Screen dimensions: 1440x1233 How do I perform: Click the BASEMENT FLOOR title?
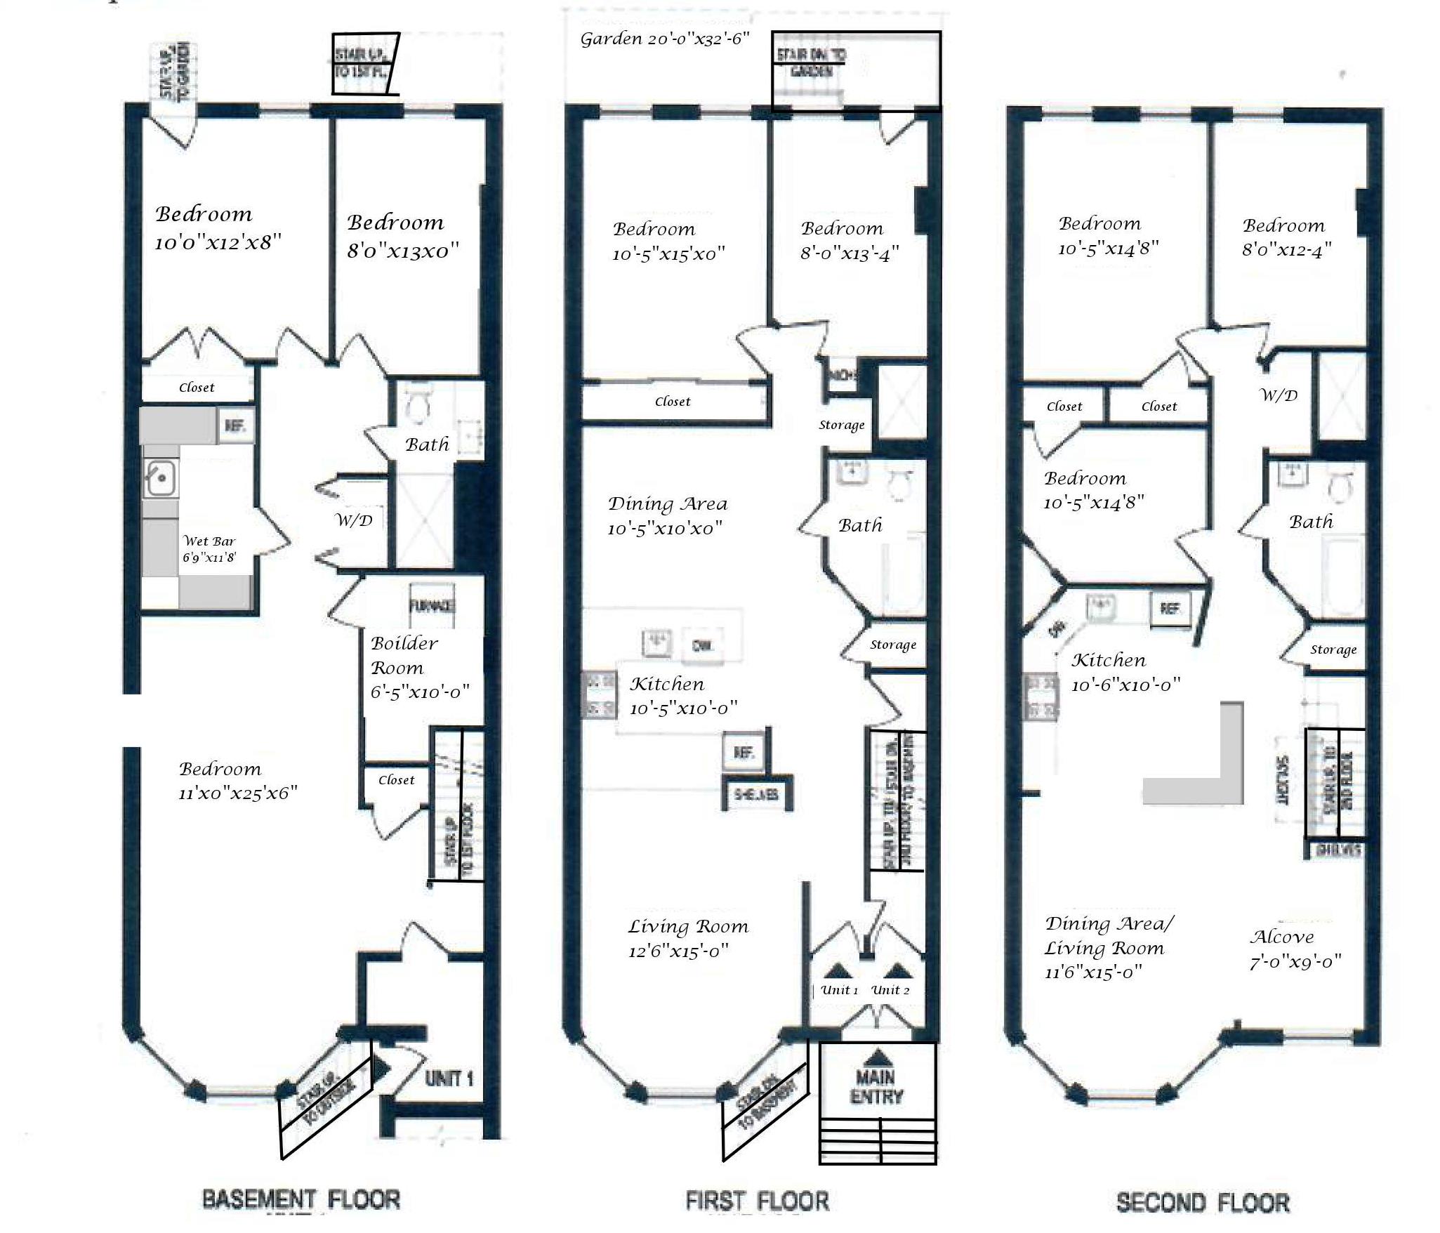pyautogui.click(x=301, y=1199)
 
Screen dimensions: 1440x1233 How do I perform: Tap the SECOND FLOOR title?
pyautogui.click(x=1203, y=1203)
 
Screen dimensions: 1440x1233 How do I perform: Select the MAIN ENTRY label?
pyautogui.click(x=876, y=1087)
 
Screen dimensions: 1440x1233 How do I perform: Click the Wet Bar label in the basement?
pyautogui.click(x=209, y=541)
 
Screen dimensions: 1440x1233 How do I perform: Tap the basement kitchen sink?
pyautogui.click(x=161, y=478)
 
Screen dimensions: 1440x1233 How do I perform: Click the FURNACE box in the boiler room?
pyautogui.click(x=432, y=605)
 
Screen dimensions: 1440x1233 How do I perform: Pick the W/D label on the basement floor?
pyautogui.click(x=354, y=520)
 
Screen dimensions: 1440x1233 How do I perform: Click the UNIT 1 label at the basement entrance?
pyautogui.click(x=449, y=1079)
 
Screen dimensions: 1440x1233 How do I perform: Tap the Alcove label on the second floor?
pyautogui.click(x=1281, y=937)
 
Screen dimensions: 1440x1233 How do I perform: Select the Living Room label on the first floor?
pyautogui.click(x=688, y=927)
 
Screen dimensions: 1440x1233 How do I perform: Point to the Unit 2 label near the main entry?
pyautogui.click(x=890, y=990)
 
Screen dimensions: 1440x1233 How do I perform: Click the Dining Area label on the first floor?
pyautogui.click(x=667, y=503)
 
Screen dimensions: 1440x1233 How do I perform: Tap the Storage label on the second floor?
pyautogui.click(x=1333, y=650)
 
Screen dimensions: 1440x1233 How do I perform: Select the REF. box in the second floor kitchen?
pyautogui.click(x=1170, y=608)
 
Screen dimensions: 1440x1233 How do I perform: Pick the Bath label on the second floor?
pyautogui.click(x=1311, y=522)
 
